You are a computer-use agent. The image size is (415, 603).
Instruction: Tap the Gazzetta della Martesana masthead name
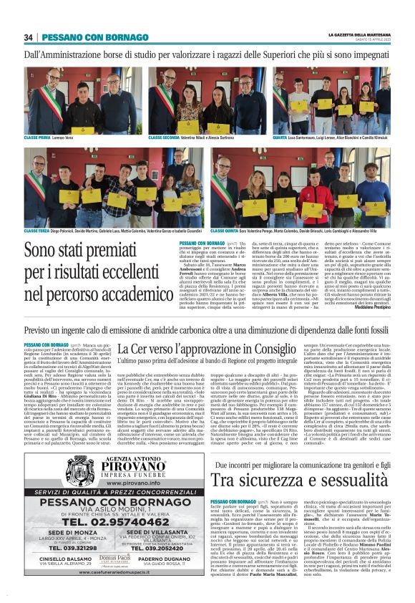coord(359,34)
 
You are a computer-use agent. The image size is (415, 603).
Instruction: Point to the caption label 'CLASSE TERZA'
coord(37,231)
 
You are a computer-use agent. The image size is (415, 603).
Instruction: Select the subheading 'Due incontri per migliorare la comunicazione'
coord(291,445)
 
